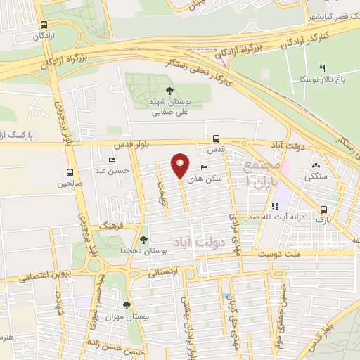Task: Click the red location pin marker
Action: [181, 166]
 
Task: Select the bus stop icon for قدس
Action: [215, 139]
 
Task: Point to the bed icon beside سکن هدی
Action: [204, 167]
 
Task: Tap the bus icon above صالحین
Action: [70, 172]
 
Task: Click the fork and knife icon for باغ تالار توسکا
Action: [323, 68]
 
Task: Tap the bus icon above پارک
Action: [323, 209]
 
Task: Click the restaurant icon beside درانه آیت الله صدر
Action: [275, 207]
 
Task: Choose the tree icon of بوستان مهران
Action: [127, 305]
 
